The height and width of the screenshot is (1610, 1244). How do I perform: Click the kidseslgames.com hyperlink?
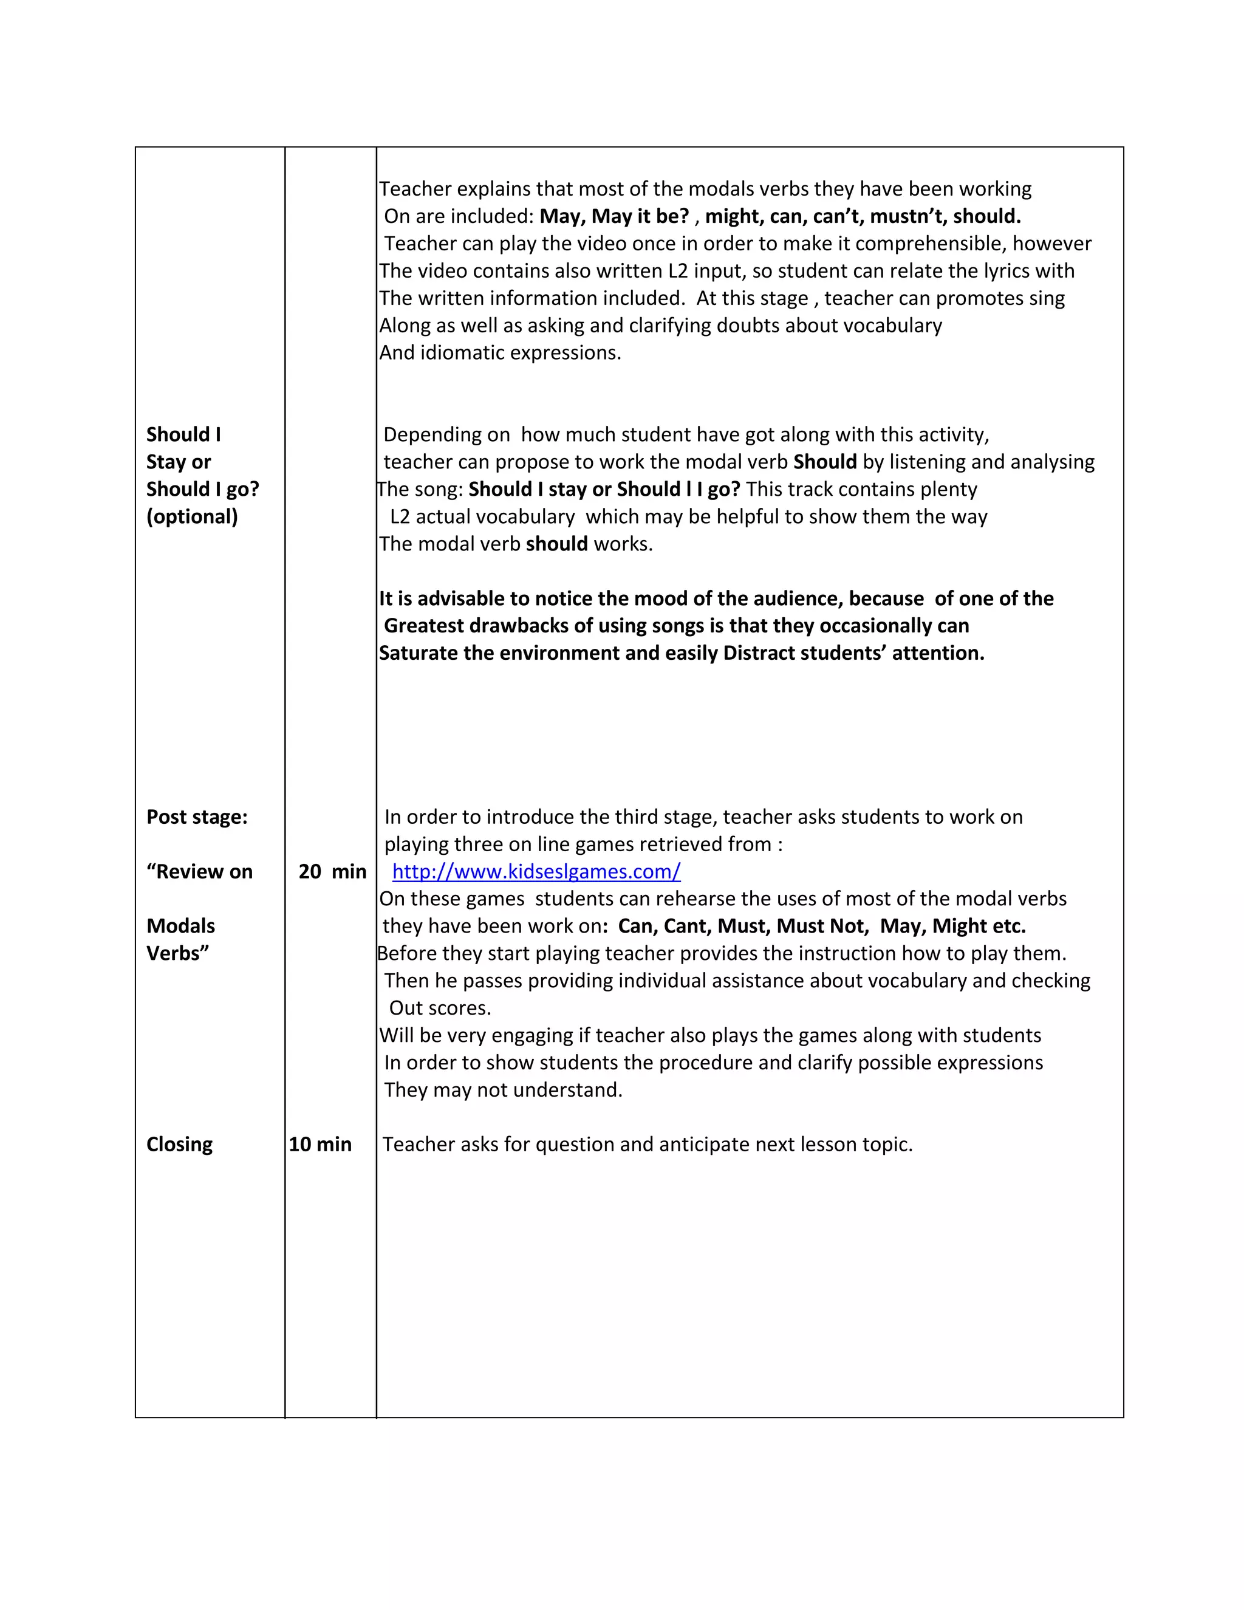click(536, 871)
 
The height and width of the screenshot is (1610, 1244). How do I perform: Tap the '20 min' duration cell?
click(332, 871)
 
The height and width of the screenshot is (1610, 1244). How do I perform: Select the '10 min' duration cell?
click(320, 1144)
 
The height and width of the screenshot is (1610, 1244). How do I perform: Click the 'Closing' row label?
click(179, 1144)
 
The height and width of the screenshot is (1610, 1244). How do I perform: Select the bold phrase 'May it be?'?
click(640, 216)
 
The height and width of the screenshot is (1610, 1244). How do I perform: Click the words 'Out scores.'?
click(439, 1008)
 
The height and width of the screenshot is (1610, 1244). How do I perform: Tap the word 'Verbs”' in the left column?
click(177, 953)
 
